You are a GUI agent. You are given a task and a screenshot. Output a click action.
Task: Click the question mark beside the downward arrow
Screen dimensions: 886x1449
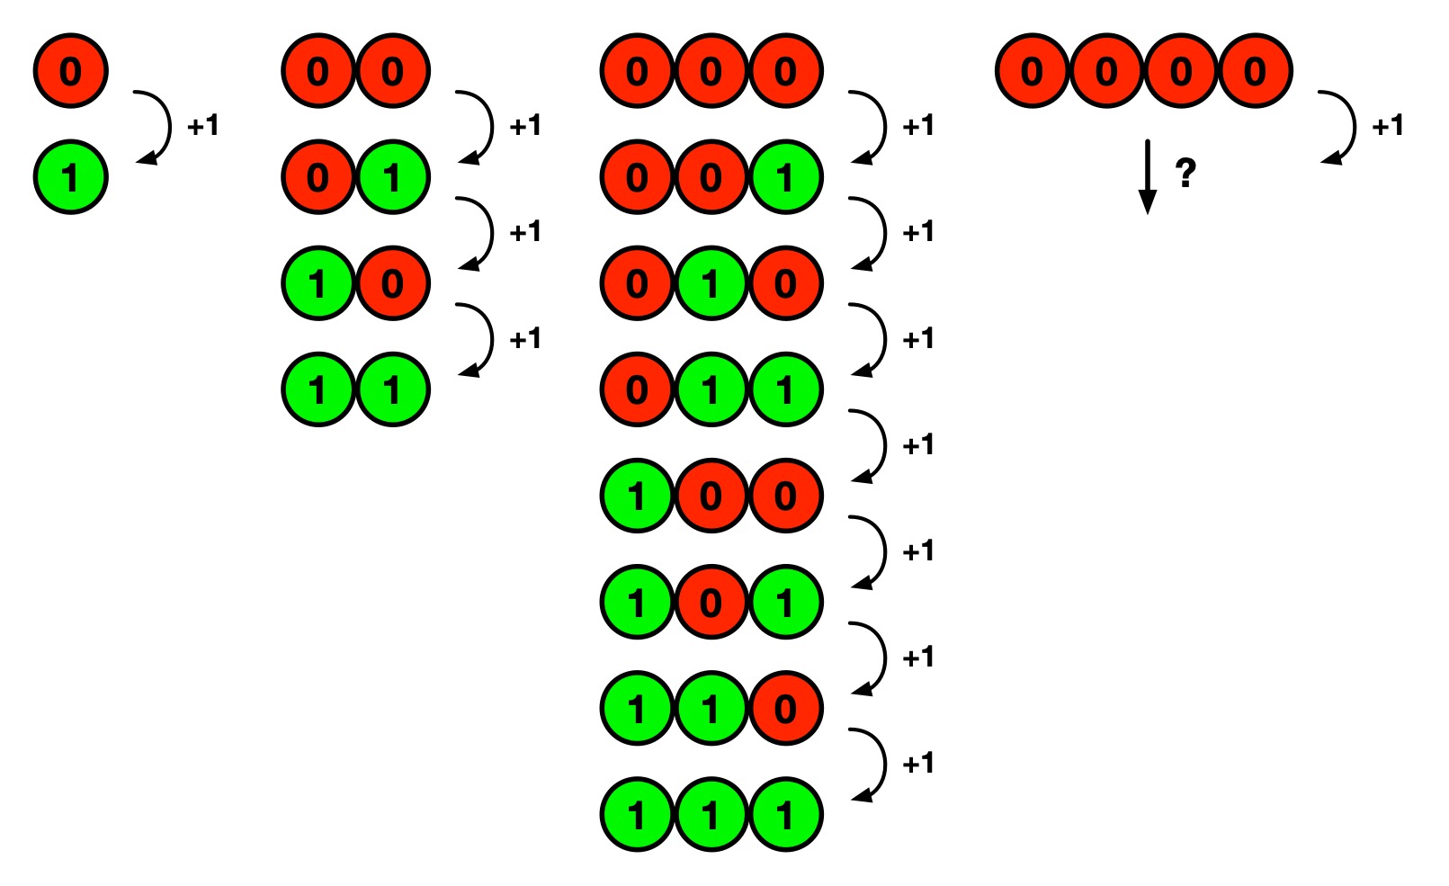[1186, 172]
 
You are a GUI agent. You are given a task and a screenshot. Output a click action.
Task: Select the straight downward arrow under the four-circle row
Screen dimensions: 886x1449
[1148, 176]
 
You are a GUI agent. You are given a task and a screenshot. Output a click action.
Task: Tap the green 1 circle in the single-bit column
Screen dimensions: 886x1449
[71, 177]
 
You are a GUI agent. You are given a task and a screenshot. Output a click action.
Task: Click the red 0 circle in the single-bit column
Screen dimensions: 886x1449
[71, 71]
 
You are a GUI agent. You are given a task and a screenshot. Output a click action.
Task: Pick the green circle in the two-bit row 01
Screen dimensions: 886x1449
[393, 177]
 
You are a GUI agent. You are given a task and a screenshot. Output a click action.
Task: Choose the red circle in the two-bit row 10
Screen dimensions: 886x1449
[393, 284]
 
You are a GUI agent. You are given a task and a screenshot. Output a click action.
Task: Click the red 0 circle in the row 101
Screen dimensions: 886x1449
[711, 602]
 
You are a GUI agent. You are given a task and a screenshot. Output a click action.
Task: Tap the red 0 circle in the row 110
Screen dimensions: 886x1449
[785, 709]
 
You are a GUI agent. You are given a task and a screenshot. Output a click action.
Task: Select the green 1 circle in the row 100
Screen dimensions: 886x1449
[638, 496]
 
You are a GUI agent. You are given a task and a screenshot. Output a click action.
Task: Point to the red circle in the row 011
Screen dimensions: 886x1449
[638, 389]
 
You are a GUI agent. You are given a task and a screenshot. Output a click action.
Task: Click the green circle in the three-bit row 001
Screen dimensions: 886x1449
[785, 177]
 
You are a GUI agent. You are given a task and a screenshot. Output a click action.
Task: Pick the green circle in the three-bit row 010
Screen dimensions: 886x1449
[711, 284]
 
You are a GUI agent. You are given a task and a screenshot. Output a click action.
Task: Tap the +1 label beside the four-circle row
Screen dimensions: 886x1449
[1387, 125]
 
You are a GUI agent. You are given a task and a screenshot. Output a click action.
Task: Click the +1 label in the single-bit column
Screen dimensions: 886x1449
[203, 125]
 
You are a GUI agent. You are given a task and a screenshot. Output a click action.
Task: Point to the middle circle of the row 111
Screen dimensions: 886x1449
[711, 815]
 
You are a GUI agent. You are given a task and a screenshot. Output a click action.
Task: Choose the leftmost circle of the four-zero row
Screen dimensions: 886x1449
[1033, 71]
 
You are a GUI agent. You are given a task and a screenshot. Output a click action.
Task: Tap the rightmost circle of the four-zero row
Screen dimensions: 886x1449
[1255, 71]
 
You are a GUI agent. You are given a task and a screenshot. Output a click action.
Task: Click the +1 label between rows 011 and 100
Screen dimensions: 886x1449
[917, 444]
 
